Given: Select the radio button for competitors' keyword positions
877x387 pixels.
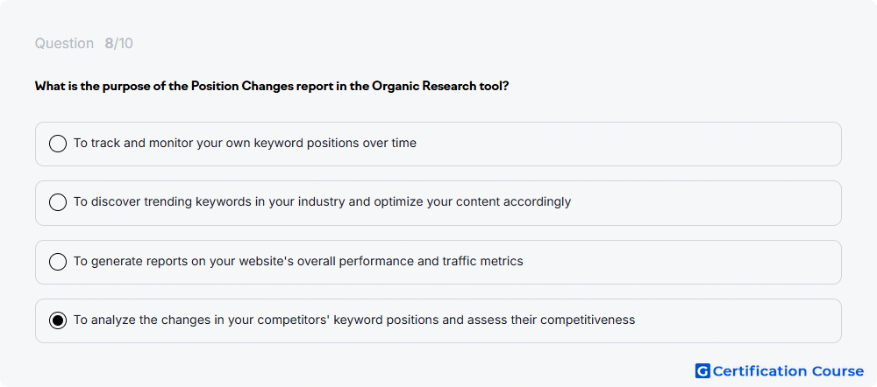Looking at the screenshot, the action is click(58, 320).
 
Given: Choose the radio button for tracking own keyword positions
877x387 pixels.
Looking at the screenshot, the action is click(58, 144).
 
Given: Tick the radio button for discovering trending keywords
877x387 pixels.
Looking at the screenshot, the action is click(58, 202).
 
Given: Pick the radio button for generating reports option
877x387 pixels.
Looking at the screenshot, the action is click(58, 261).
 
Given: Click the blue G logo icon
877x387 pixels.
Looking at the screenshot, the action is click(702, 371).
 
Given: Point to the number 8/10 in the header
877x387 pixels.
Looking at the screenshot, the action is click(118, 44).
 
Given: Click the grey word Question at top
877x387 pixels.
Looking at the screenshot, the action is click(64, 44).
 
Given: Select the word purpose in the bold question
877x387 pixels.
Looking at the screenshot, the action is click(125, 87).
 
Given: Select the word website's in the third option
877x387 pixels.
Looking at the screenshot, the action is click(257, 261).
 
